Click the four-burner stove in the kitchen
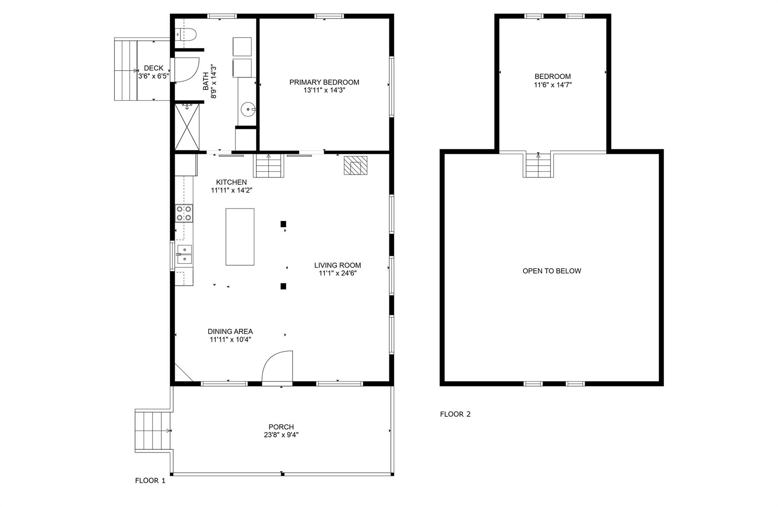point(184,213)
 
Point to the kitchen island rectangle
point(240,237)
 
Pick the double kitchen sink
point(184,254)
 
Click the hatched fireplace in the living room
point(356,165)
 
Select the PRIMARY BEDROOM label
point(324,82)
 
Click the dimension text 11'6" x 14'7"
point(553,85)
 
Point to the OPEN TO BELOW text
point(552,271)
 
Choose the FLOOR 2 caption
point(455,414)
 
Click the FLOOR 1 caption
point(150,480)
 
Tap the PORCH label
point(281,427)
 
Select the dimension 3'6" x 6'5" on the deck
point(153,76)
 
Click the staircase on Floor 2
point(538,165)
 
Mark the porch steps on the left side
point(152,431)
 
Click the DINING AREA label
point(230,331)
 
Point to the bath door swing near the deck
point(186,69)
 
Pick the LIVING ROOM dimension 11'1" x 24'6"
point(338,273)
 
